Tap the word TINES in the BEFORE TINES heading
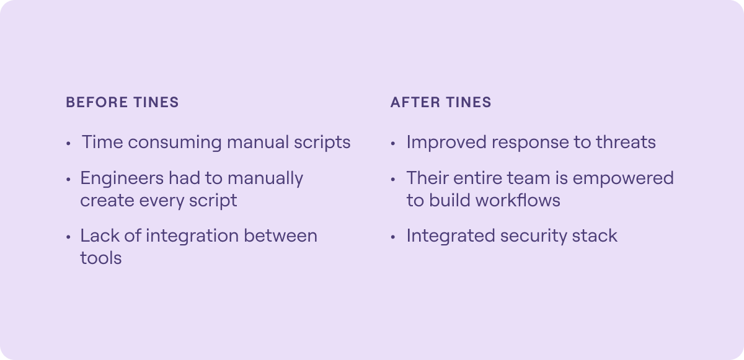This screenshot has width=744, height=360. [156, 102]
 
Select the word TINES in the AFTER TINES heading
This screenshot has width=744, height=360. [469, 102]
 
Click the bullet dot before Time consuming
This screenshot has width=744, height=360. [68, 143]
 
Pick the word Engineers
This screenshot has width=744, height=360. [122, 179]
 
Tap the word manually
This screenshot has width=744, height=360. [265, 179]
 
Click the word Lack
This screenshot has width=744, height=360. [100, 235]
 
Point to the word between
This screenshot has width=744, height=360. [281, 235]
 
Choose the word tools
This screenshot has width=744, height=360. [101, 258]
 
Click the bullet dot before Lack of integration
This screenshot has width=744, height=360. [68, 237]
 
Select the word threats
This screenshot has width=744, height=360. [626, 142]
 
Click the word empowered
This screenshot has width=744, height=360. [623, 179]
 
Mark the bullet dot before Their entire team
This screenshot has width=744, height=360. [393, 180]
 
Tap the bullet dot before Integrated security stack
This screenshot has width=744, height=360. [393, 237]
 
